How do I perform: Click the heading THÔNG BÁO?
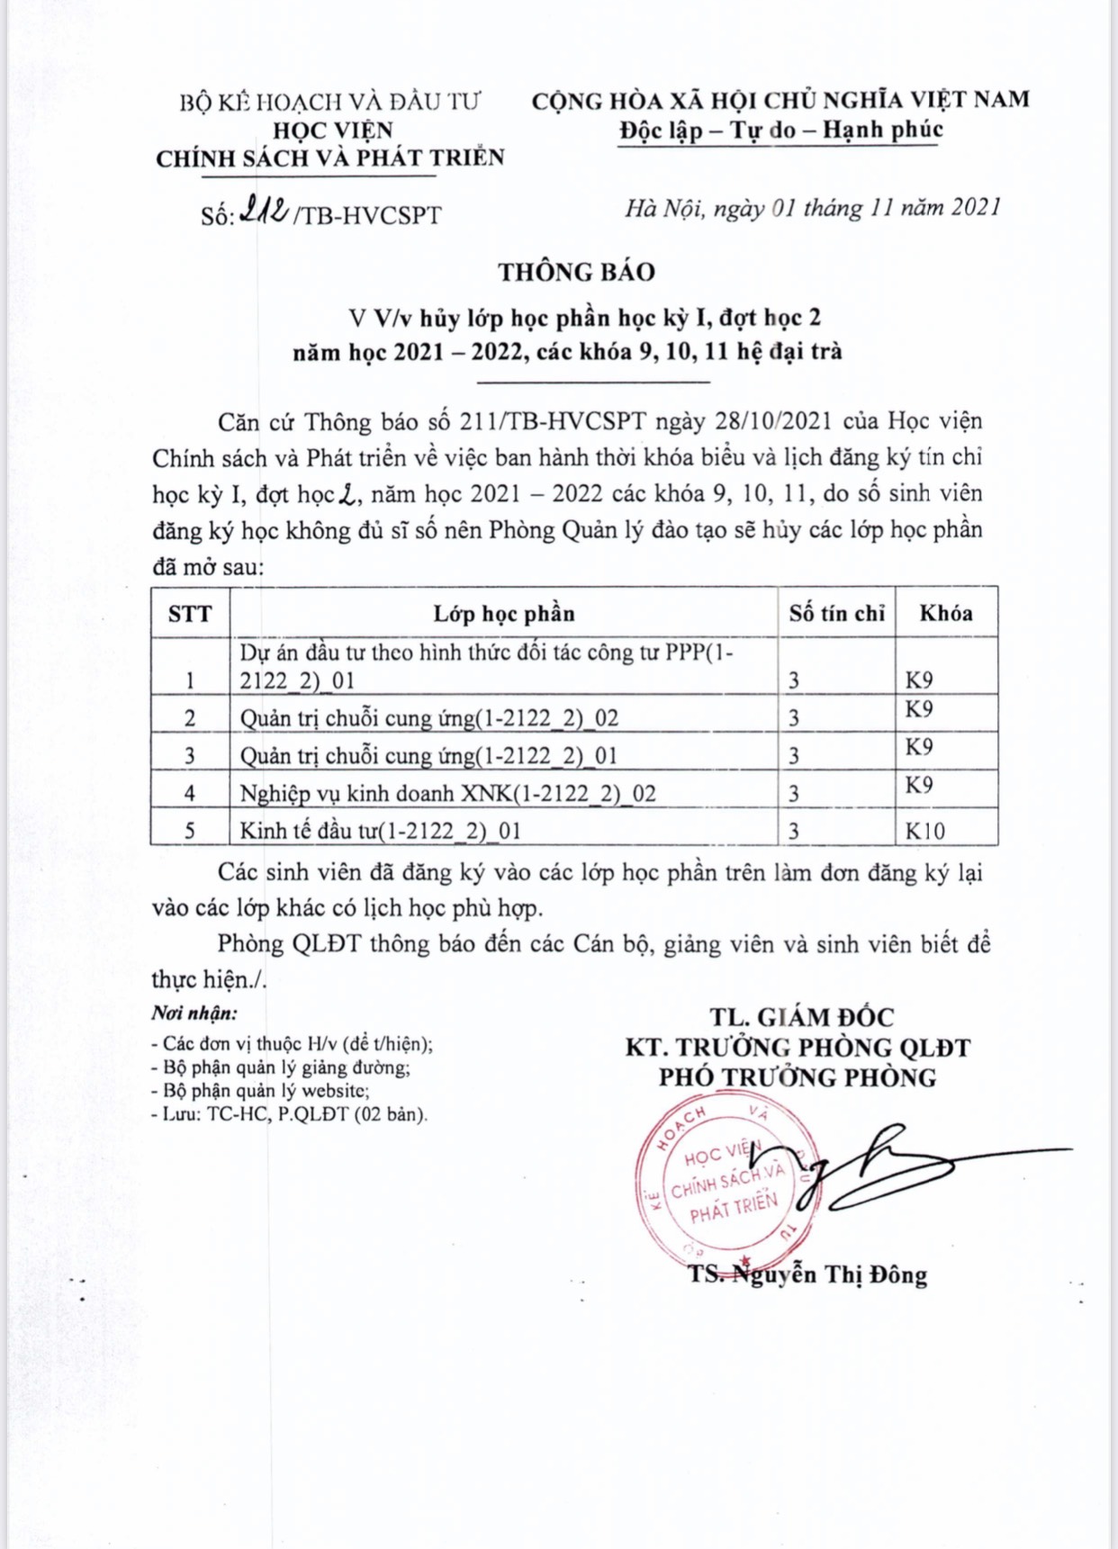pos(577,272)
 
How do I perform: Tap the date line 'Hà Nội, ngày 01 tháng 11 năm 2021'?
pos(813,208)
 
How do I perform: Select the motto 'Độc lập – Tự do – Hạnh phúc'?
pos(780,131)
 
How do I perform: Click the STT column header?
pos(190,614)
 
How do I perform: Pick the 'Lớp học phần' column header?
pos(503,614)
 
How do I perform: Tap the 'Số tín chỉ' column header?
pos(836,614)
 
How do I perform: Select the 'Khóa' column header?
pos(945,614)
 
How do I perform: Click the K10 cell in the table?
pos(925,831)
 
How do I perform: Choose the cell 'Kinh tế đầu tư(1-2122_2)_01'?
pos(381,830)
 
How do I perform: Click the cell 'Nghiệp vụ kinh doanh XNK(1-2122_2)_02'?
pos(447,793)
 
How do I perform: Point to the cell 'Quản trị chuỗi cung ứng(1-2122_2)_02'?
pos(429,718)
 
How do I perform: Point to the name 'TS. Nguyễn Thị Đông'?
pos(807,1274)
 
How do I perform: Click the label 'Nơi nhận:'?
pos(194,1013)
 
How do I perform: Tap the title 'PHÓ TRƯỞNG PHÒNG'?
pos(797,1077)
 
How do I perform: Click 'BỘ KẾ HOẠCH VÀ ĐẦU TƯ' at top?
pos(330,102)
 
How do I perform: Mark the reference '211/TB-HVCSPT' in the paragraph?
pos(553,421)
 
